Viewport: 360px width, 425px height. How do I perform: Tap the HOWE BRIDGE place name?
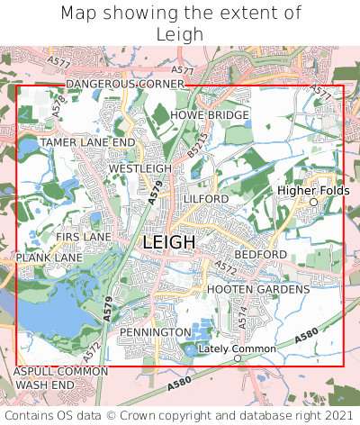[209, 115]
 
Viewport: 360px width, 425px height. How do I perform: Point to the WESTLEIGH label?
[139, 168]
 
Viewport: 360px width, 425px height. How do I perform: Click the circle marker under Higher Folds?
[314, 202]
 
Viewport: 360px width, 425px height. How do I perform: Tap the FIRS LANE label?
[83, 237]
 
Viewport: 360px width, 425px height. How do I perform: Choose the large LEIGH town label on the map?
[168, 242]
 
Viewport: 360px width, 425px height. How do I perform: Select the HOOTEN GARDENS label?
[258, 289]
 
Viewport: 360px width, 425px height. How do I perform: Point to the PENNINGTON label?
[155, 332]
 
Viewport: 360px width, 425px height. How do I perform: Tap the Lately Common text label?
[238, 348]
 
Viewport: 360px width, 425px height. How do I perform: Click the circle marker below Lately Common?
[238, 358]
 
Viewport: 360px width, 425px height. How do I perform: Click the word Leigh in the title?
[180, 34]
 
